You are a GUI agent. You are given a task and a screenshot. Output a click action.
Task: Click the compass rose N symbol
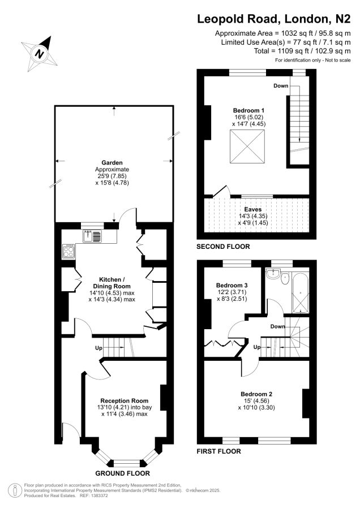pyautogui.click(x=39, y=53)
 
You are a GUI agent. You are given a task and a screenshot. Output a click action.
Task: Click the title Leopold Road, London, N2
pyautogui.click(x=274, y=19)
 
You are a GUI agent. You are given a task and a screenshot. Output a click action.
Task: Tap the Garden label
pyautogui.click(x=112, y=163)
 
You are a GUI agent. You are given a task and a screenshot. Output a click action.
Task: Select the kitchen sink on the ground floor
pyautogui.click(x=92, y=236)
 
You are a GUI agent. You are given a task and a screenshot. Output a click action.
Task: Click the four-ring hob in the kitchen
pyautogui.click(x=68, y=252)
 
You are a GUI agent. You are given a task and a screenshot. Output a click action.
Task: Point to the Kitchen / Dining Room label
pyautogui.click(x=112, y=283)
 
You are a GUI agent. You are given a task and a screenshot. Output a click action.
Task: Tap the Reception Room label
pyautogui.click(x=124, y=400)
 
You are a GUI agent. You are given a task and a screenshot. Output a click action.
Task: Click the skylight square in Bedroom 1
pyautogui.click(x=247, y=146)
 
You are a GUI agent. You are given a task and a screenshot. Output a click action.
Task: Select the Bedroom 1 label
pyautogui.click(x=248, y=110)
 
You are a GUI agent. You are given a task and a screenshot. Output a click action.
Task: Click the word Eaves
pyautogui.click(x=253, y=209)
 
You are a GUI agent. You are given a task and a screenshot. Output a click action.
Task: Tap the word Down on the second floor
pyautogui.click(x=281, y=86)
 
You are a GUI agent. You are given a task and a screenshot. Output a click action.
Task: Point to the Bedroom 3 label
pyautogui.click(x=232, y=286)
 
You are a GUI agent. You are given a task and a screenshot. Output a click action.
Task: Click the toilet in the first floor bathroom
pyautogui.click(x=285, y=278)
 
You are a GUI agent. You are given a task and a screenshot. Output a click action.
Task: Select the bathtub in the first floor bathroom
pyautogui.click(x=300, y=293)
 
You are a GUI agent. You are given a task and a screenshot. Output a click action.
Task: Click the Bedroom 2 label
pyautogui.click(x=256, y=394)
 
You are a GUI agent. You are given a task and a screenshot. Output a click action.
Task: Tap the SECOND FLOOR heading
pyautogui.click(x=223, y=247)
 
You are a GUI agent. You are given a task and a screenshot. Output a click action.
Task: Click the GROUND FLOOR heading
pyautogui.click(x=122, y=473)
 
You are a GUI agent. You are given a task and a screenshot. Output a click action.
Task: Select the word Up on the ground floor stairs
pyautogui.click(x=98, y=348)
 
